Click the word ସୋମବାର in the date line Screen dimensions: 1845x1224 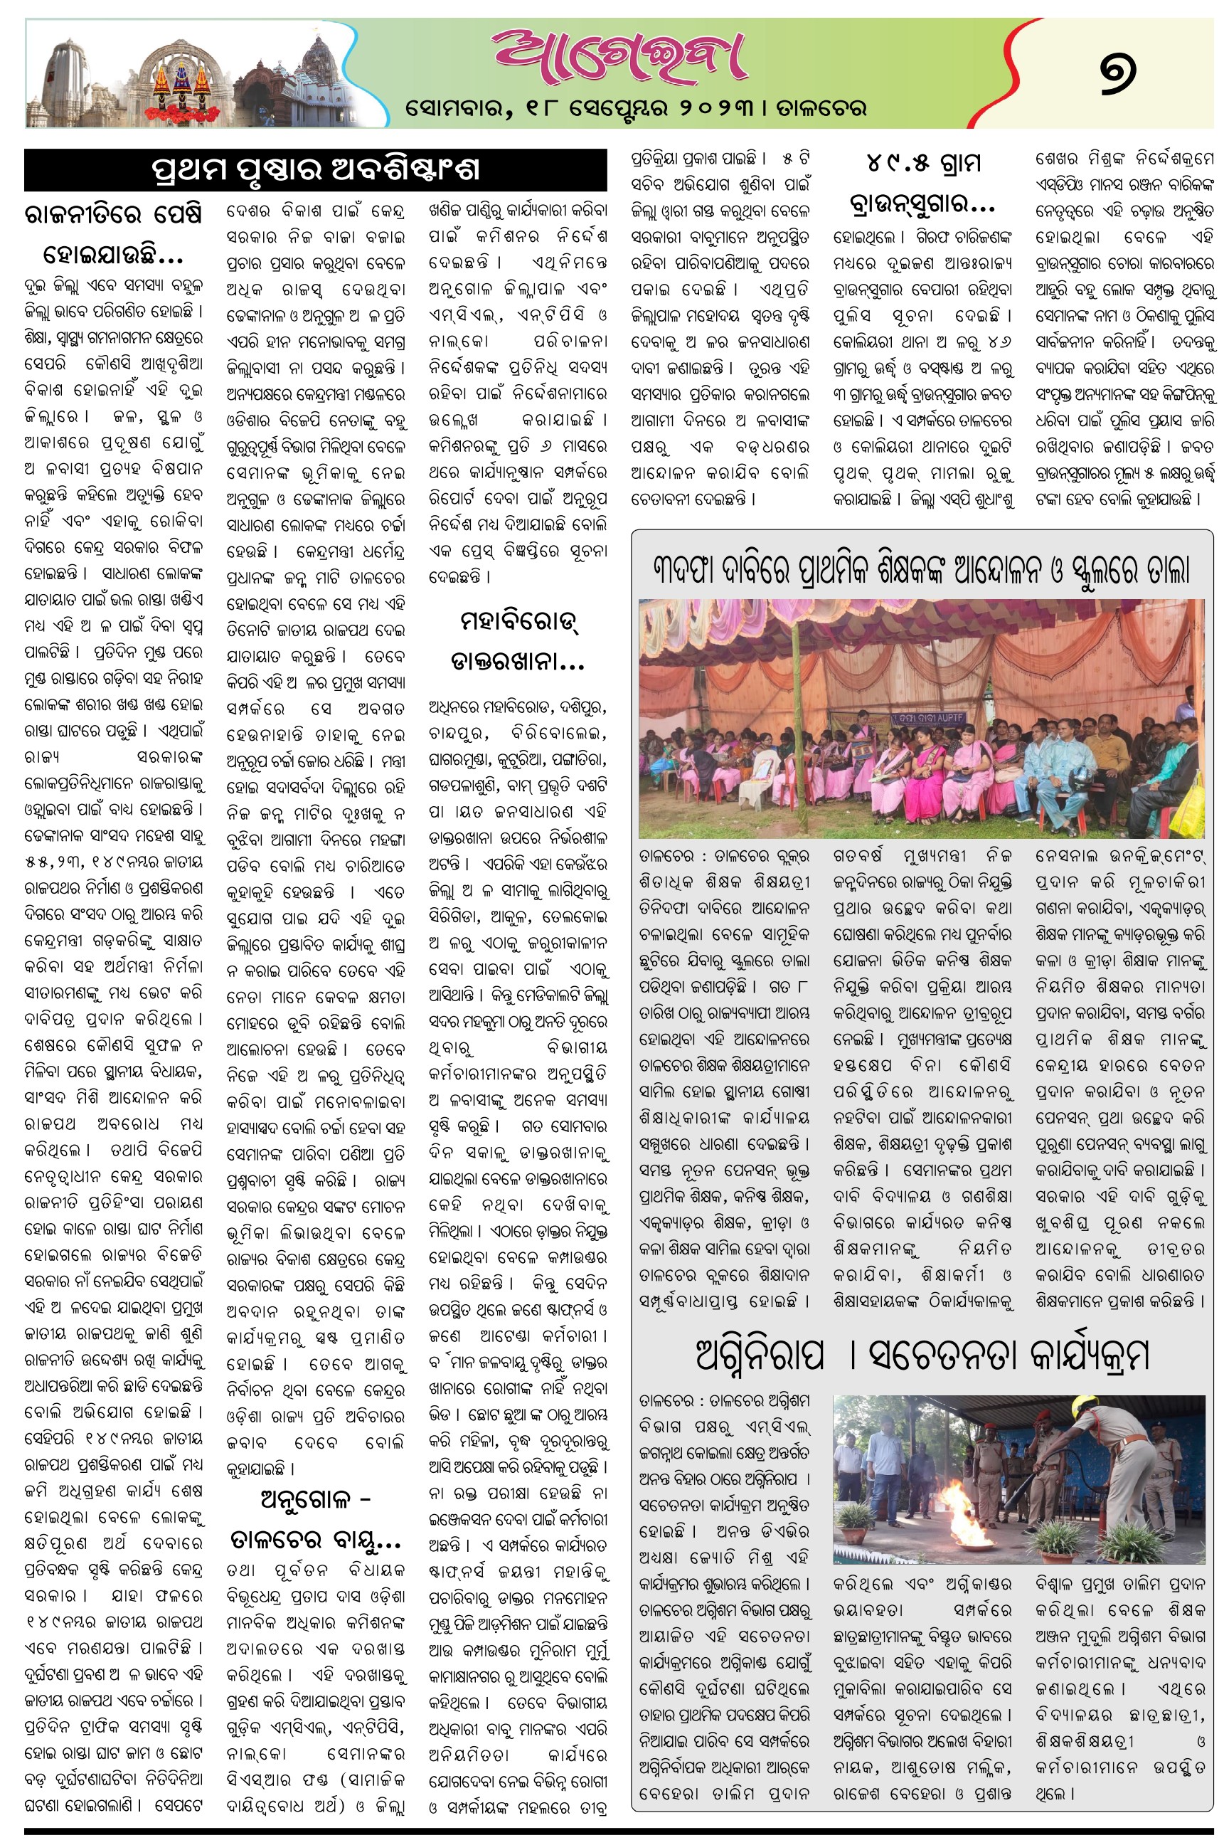pos(458,107)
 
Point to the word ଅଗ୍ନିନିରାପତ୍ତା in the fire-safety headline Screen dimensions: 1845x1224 pos(760,1356)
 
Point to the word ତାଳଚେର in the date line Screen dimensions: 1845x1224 pos(821,107)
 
